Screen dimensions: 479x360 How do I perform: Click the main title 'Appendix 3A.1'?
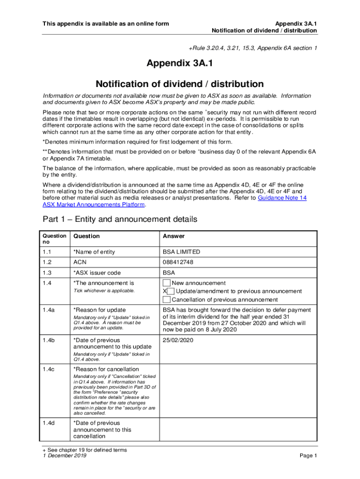tap(180, 64)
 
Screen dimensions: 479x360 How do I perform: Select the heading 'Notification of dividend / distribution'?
tap(180, 84)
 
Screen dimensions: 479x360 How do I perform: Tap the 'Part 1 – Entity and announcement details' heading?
tap(120, 219)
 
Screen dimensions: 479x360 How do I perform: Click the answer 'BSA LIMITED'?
tap(181, 252)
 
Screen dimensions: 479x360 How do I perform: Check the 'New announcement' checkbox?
tap(166, 283)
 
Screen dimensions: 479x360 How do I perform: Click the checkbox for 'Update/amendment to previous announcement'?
tap(171, 291)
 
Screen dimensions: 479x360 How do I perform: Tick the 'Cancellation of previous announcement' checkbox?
tap(166, 300)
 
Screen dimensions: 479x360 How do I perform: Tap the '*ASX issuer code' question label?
tap(97, 273)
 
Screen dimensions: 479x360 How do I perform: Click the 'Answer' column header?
tap(173, 236)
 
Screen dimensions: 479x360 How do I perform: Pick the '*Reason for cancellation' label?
tap(106, 370)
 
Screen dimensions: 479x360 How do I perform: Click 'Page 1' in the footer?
tap(308, 456)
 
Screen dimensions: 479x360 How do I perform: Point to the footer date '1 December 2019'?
tap(64, 456)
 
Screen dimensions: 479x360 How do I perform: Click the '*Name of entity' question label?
tap(94, 252)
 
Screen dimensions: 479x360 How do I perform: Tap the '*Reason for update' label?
tap(100, 310)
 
